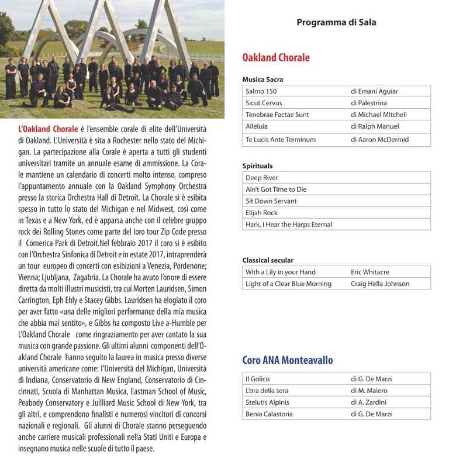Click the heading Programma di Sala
336,23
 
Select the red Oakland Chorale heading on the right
276,57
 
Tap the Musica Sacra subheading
263,80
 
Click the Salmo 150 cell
261,91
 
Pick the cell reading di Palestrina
373,103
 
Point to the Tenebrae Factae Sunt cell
277,115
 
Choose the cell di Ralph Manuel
375,126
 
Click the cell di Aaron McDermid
379,140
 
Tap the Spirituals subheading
257,166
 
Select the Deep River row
262,178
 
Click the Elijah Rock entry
261,213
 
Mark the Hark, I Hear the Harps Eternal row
289,225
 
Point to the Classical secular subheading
268,260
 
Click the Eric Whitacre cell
369,272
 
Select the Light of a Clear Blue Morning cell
288,284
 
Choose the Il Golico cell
257,379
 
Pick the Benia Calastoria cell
269,414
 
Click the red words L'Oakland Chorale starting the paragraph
48,129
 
